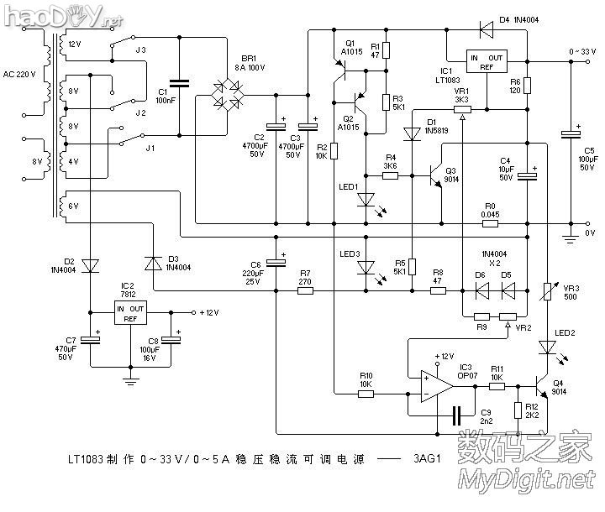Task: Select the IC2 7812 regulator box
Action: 130,314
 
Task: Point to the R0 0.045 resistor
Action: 490,224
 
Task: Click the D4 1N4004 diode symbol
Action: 486,30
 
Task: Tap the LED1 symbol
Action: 366,200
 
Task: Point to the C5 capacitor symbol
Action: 571,133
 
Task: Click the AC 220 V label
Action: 19,76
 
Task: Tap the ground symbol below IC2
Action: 130,379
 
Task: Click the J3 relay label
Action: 140,50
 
